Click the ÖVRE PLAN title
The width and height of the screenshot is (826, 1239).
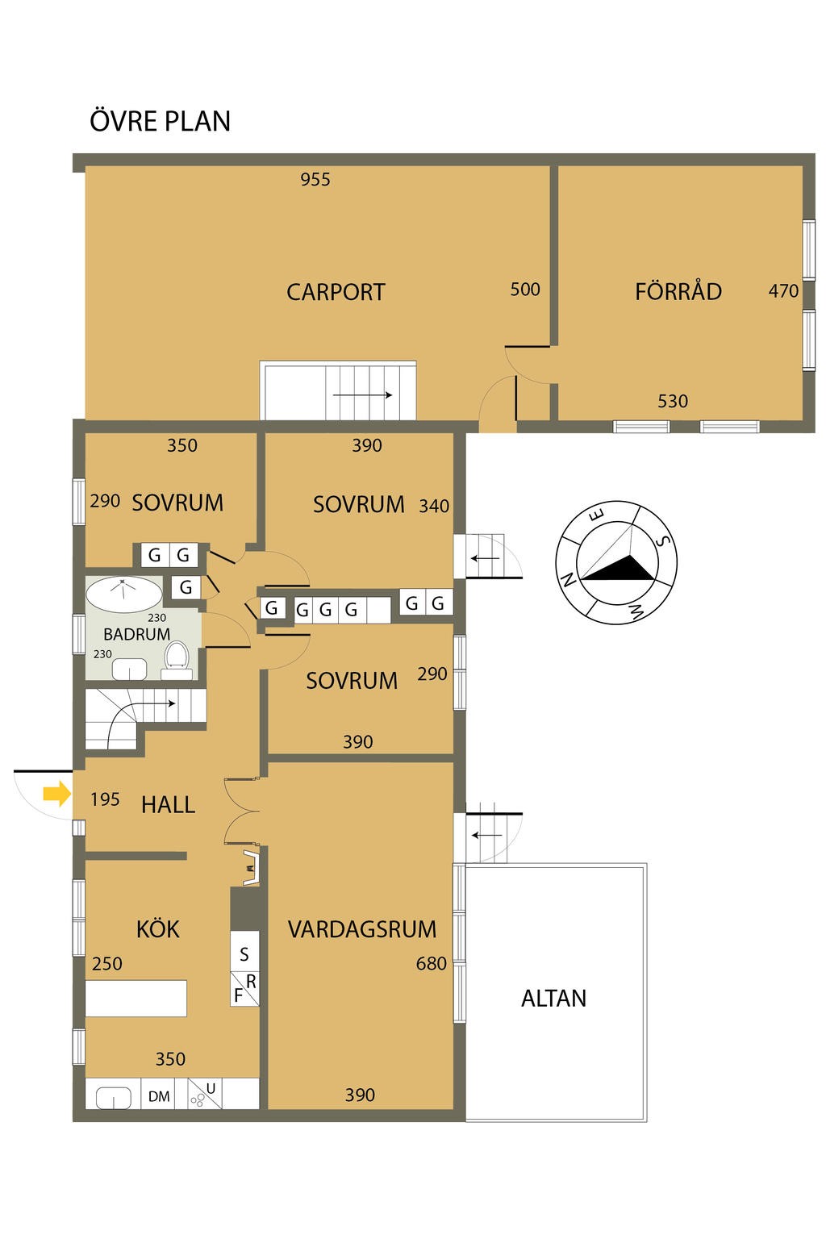click(x=160, y=120)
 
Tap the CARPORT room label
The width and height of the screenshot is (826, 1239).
click(x=336, y=292)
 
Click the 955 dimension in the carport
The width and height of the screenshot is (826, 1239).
click(x=315, y=179)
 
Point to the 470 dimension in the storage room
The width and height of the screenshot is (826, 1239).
click(x=783, y=291)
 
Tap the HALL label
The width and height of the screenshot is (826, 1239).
click(x=169, y=805)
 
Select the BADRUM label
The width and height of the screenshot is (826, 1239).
click(x=136, y=634)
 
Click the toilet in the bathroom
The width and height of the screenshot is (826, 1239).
click(x=177, y=658)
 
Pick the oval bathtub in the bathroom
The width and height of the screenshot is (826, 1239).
click(x=124, y=594)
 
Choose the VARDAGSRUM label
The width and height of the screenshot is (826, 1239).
click(x=362, y=929)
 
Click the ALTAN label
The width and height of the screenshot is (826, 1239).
click(x=554, y=999)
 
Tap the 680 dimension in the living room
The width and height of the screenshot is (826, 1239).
click(x=432, y=964)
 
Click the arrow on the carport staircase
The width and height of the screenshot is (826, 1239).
click(x=362, y=395)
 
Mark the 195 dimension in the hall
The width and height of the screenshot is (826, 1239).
click(x=105, y=799)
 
